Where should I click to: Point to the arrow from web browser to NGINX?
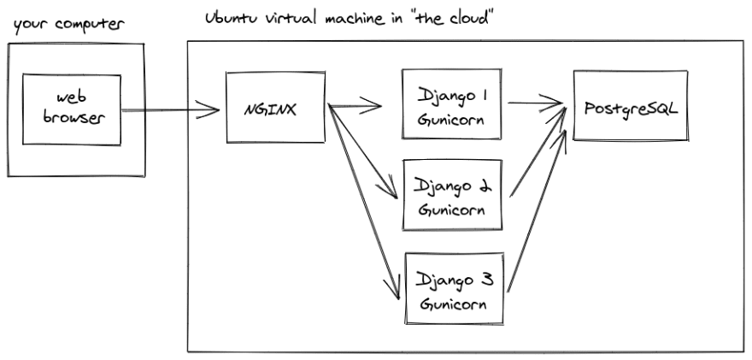point(170,110)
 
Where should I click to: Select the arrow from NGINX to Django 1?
point(354,105)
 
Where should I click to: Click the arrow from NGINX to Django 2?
point(362,151)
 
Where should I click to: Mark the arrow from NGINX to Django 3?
point(363,202)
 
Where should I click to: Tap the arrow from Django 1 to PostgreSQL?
point(535,103)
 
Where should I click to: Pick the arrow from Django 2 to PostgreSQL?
point(538,153)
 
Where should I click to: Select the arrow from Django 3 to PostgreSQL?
point(537,210)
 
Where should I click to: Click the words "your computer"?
point(68,25)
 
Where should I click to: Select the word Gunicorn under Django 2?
point(451,210)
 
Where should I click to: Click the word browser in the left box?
point(73,118)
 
